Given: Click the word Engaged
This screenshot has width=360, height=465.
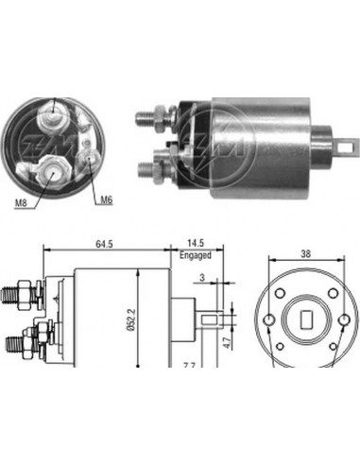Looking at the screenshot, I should [195, 256].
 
